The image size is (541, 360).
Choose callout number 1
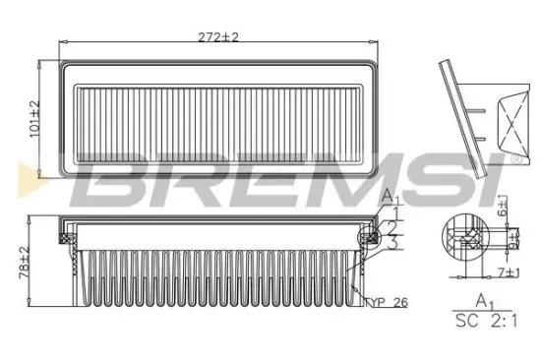pos(393,211)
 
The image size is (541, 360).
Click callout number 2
pos(393,226)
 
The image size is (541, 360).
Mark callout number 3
pos(393,241)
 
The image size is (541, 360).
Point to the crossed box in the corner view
pos(513,117)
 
